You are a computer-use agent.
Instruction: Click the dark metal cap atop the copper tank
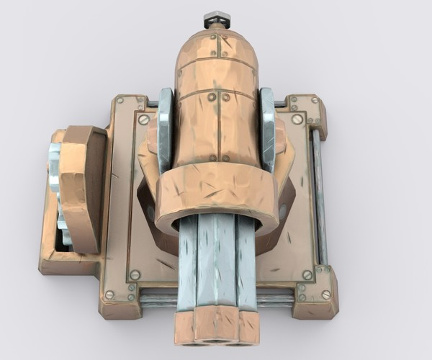216,18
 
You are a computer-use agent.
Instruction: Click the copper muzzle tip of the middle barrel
217,328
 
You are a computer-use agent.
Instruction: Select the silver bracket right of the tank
268,130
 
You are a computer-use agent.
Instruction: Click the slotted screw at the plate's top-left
143,120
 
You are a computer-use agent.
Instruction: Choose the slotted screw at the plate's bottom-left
135,274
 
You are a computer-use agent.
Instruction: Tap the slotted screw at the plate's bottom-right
307,274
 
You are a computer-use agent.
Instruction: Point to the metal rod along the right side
319,194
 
